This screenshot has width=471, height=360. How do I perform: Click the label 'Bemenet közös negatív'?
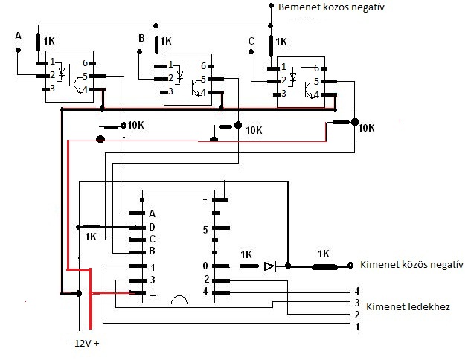pyautogui.click(x=331, y=7)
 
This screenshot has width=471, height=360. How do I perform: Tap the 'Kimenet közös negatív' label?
pyautogui.click(x=411, y=265)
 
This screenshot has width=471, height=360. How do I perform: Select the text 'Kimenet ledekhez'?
pyautogui.click(x=408, y=307)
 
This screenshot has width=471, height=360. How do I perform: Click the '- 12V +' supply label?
pyautogui.click(x=84, y=343)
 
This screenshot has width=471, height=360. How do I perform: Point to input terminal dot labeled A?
pyautogui.click(x=19, y=50)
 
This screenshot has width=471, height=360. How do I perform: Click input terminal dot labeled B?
pyautogui.click(x=139, y=51)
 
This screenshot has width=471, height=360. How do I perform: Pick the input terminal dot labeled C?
pyautogui.click(x=251, y=52)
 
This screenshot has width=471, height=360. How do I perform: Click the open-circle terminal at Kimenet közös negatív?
pyautogui.click(x=350, y=265)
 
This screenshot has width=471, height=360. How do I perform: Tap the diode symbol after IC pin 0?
pyautogui.click(x=270, y=266)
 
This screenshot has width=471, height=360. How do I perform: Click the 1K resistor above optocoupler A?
pyautogui.click(x=38, y=42)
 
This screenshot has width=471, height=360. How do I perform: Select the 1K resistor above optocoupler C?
pyautogui.click(x=271, y=45)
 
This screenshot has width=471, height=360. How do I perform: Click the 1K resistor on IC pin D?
pyautogui.click(x=92, y=227)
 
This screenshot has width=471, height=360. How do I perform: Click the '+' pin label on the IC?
pyautogui.click(x=153, y=296)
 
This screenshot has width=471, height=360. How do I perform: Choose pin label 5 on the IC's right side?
pyautogui.click(x=205, y=230)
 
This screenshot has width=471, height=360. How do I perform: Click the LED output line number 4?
pyautogui.click(x=357, y=291)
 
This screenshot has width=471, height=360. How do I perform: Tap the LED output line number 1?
pyautogui.click(x=357, y=327)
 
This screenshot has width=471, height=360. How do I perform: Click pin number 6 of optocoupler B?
pyautogui.click(x=203, y=66)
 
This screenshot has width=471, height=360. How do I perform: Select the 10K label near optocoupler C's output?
pyautogui.click(x=366, y=128)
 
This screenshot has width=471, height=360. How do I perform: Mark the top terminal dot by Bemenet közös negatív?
pyautogui.click(x=271, y=5)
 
